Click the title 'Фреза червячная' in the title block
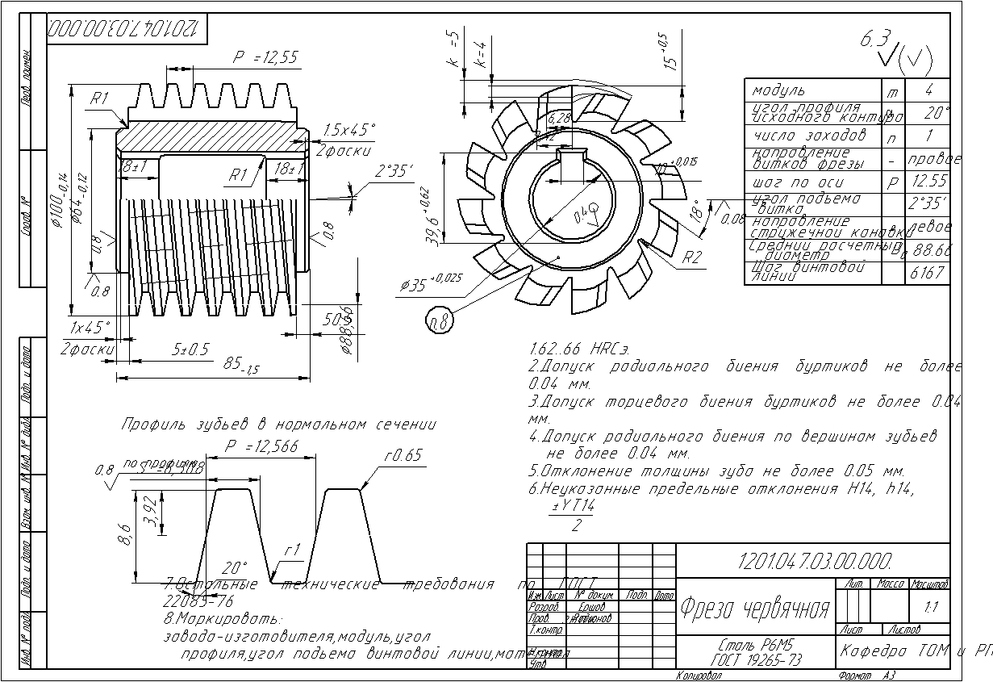(x=755, y=608)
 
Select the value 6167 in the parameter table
(x=927, y=273)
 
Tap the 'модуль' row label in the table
(x=778, y=90)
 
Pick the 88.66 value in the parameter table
(x=929, y=250)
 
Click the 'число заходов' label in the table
(x=808, y=135)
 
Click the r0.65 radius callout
(x=403, y=455)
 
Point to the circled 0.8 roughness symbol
(x=440, y=322)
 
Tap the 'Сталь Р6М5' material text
(x=745, y=647)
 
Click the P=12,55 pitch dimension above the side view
(x=265, y=57)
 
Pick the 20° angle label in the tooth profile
(x=235, y=567)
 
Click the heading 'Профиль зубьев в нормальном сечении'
(x=278, y=425)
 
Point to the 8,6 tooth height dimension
(x=123, y=533)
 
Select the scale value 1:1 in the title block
(x=931, y=607)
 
